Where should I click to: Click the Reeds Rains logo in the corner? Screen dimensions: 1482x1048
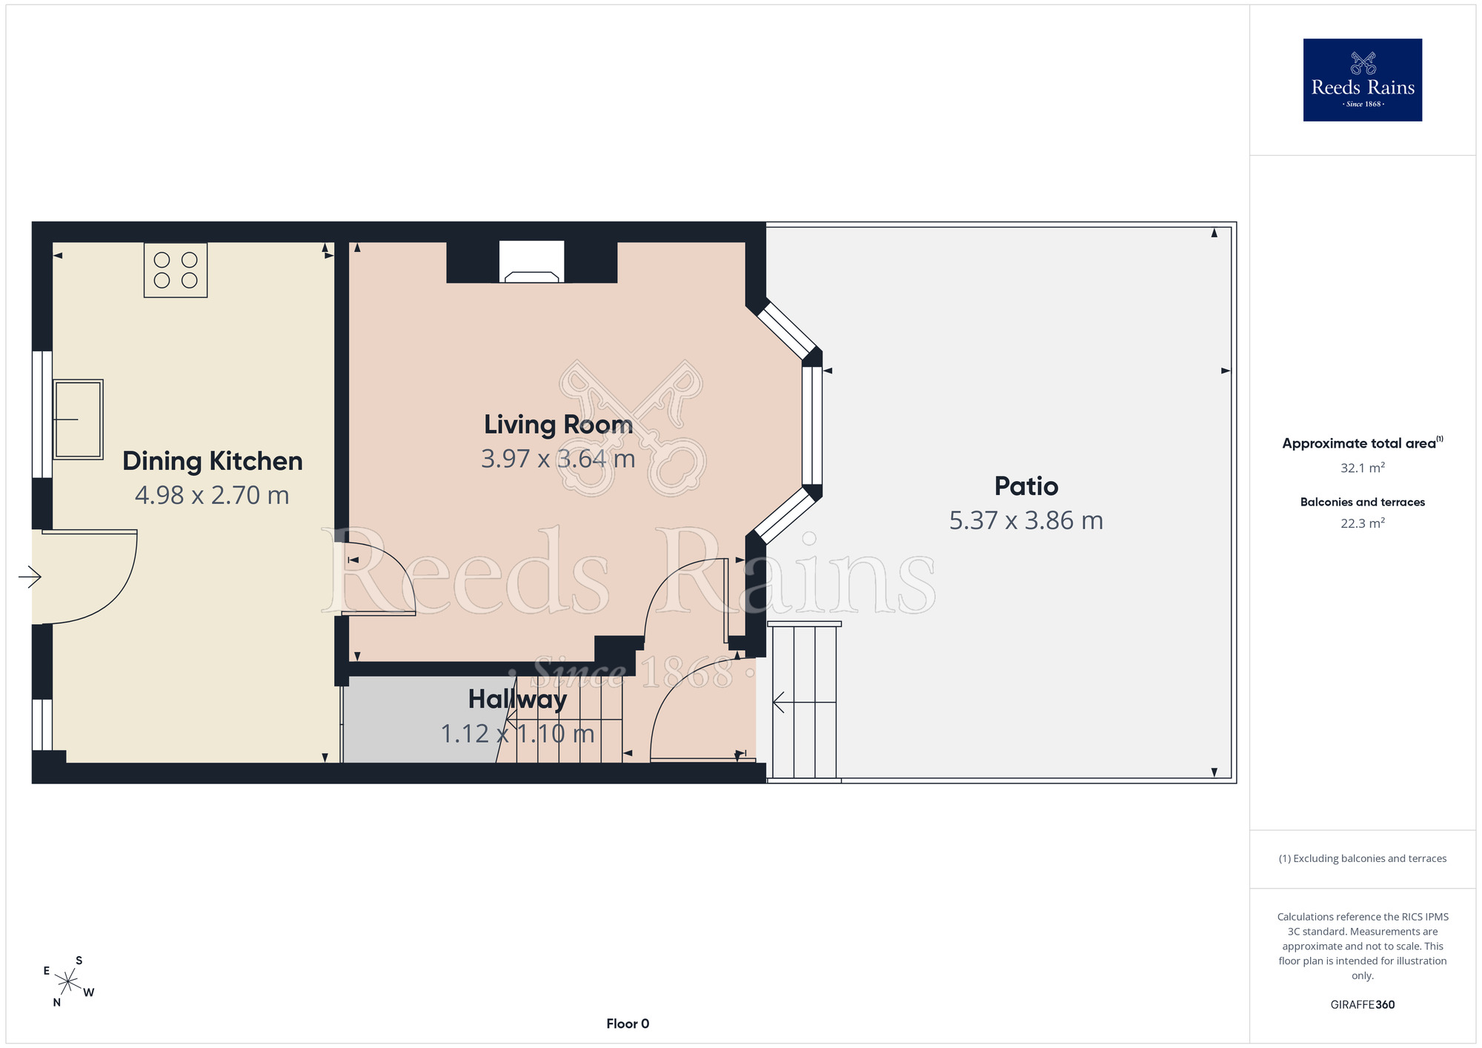click(x=1362, y=80)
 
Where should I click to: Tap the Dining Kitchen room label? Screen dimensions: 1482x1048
click(x=213, y=461)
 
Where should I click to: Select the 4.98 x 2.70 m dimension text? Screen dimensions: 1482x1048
click(x=212, y=495)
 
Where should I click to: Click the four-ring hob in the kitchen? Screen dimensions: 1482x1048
click(x=176, y=270)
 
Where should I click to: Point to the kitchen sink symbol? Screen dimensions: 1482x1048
click(x=78, y=419)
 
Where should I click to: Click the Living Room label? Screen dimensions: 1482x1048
click(x=558, y=425)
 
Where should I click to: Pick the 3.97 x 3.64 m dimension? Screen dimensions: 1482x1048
click(x=558, y=459)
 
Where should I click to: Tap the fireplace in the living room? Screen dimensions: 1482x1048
click(x=531, y=262)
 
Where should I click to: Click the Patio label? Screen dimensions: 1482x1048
click(x=1026, y=486)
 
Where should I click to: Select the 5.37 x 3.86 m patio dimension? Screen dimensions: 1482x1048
click(x=1026, y=520)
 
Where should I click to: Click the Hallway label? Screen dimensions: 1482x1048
click(x=517, y=699)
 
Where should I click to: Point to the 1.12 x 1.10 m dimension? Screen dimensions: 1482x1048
click(x=517, y=734)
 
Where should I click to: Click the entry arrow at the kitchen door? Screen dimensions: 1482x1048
click(x=30, y=577)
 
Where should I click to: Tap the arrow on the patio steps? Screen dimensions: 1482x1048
click(x=804, y=702)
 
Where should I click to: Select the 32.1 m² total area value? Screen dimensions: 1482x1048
click(x=1363, y=468)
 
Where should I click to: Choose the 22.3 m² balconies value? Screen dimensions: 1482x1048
click(x=1363, y=523)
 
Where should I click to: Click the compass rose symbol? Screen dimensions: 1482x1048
click(x=67, y=982)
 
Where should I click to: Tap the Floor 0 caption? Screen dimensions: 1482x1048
click(x=628, y=1024)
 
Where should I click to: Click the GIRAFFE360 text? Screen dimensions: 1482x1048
click(x=1363, y=1005)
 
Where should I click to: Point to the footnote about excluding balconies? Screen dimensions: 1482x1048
click(x=1363, y=858)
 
